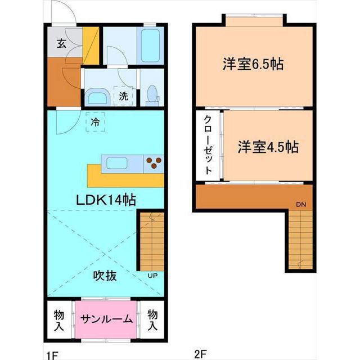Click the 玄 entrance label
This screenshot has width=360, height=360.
coord(61,44)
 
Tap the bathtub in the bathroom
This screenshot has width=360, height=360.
coord(150,46)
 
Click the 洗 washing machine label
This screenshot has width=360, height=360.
coord(123,96)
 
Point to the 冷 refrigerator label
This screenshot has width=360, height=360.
coord(95,122)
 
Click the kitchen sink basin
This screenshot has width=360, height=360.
coord(117,163)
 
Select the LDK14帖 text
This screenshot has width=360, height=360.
coord(106,200)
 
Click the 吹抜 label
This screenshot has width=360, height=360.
coord(105,275)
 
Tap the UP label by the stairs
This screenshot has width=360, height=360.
coord(152,276)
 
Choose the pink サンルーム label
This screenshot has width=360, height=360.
coord(106,319)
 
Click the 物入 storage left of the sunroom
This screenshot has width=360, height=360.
coord(58,321)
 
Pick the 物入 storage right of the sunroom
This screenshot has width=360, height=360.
coord(152,320)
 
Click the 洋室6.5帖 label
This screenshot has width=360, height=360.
coord(253,64)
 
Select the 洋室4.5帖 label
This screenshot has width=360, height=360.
coord(268,147)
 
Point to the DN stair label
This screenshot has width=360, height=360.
coord(301,204)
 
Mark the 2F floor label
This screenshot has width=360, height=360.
coord(200,354)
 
